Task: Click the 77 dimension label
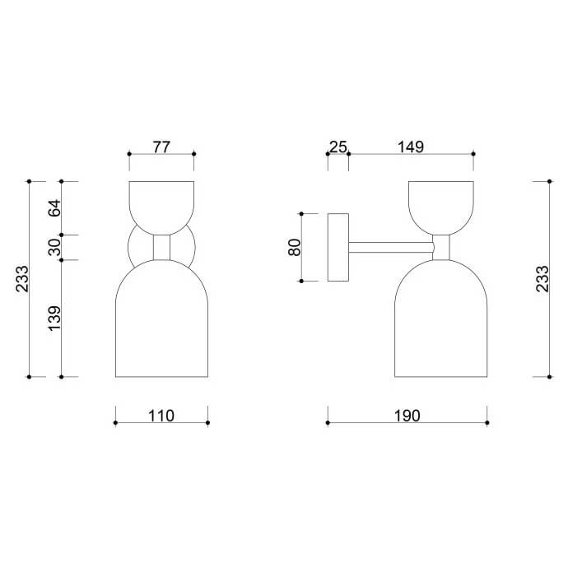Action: pyautogui.click(x=161, y=147)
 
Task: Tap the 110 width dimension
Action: pyautogui.click(x=161, y=416)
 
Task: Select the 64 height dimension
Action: pyautogui.click(x=54, y=207)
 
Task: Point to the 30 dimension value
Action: pyautogui.click(x=54, y=247)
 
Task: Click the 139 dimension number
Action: pyautogui.click(x=54, y=318)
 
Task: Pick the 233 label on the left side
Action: pyautogui.click(x=22, y=278)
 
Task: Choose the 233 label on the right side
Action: pyautogui.click(x=542, y=278)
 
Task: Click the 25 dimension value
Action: pyautogui.click(x=338, y=147)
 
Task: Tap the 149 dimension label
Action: pyautogui.click(x=411, y=147)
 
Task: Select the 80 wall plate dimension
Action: pyautogui.click(x=295, y=247)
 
